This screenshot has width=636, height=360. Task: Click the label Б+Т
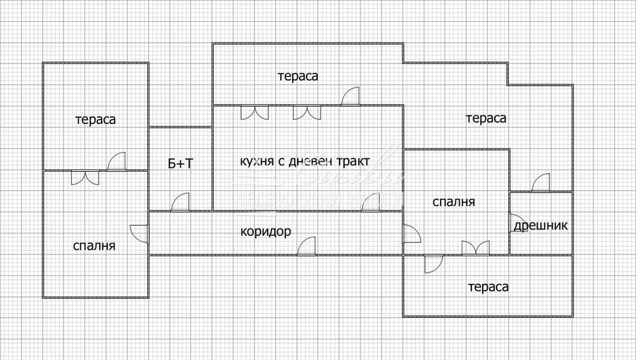click(x=181, y=164)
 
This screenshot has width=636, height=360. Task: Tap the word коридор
click(x=266, y=232)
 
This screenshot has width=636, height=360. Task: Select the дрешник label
click(x=541, y=225)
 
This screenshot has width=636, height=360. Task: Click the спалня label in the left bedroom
click(x=94, y=246)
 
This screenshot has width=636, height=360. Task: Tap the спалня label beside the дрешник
click(x=453, y=202)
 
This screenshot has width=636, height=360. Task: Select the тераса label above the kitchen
click(x=298, y=76)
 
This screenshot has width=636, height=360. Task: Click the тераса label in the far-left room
click(x=95, y=120)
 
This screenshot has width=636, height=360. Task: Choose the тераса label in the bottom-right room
click(x=488, y=287)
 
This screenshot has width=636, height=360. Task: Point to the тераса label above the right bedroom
click(x=486, y=118)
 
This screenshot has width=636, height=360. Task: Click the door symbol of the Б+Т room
click(x=181, y=202)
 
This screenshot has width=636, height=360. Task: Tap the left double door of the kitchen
click(x=254, y=113)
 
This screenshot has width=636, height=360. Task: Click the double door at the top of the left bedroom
click(x=85, y=177)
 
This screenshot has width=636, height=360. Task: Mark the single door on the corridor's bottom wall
click(x=308, y=246)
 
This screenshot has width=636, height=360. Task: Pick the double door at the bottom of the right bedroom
click(x=476, y=247)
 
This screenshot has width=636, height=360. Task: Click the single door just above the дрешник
click(x=541, y=183)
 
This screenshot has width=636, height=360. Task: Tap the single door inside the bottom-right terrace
click(x=434, y=263)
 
